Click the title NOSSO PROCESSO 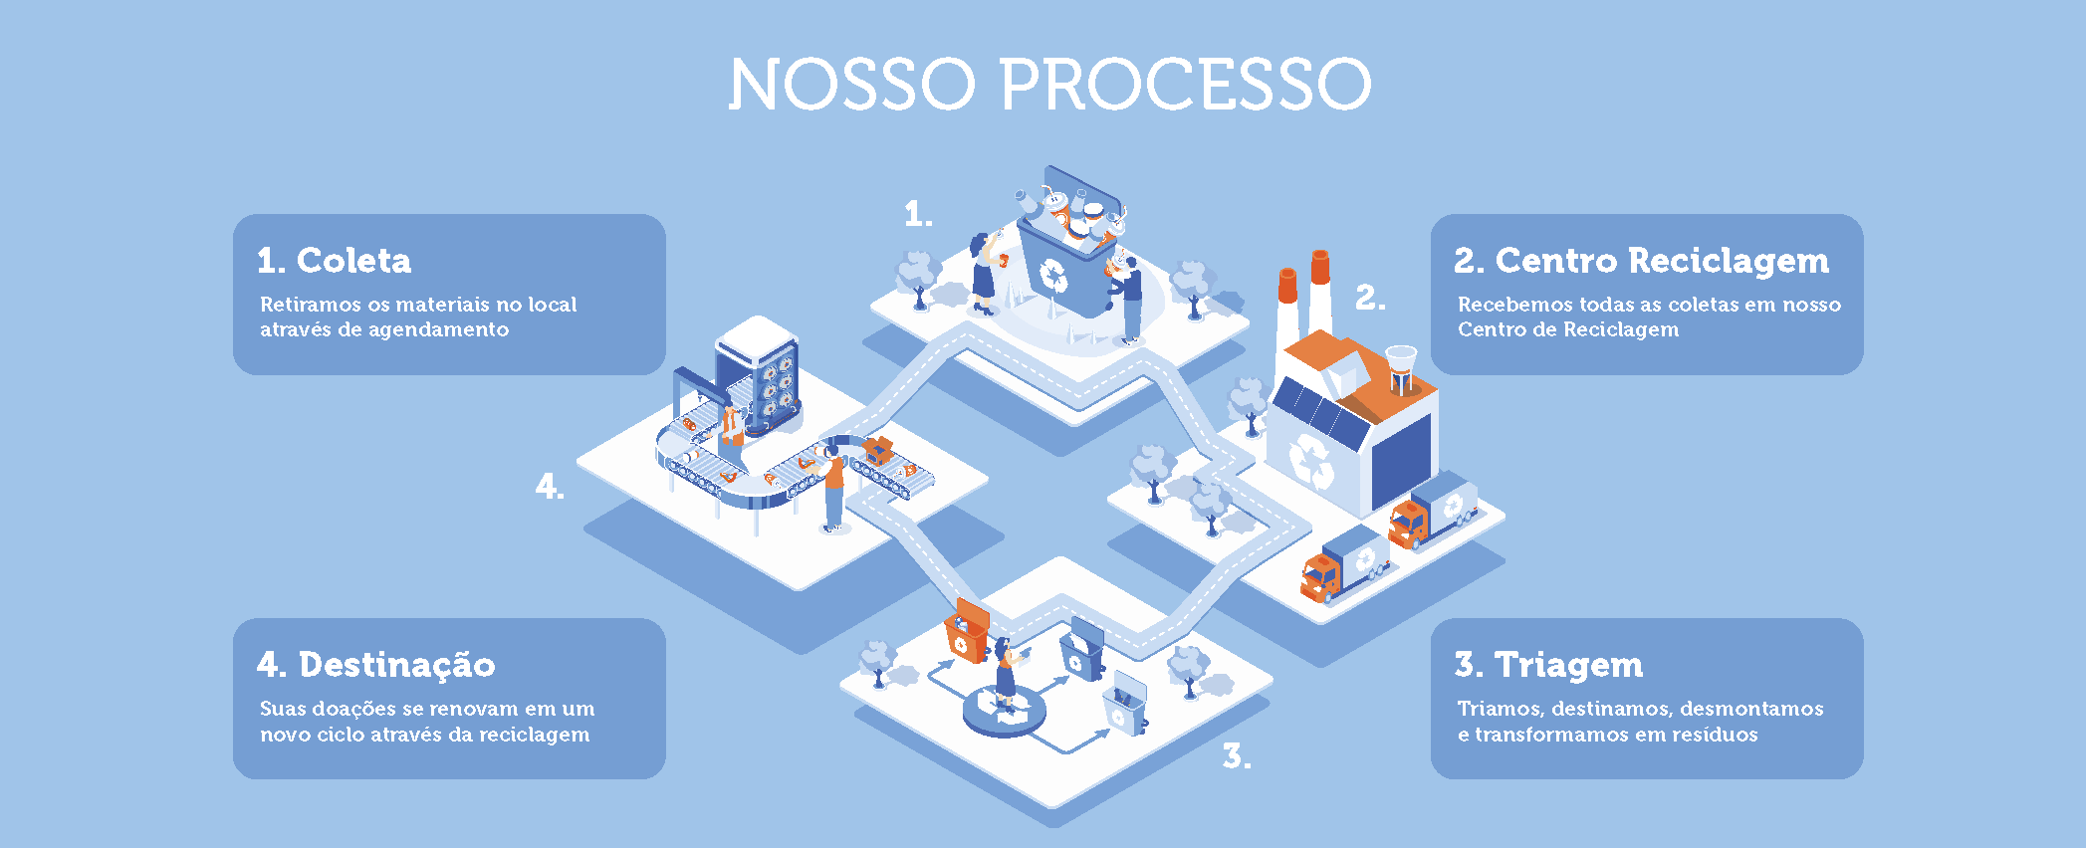1050,84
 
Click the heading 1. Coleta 334,261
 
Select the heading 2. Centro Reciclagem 1642,261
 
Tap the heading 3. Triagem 1548,665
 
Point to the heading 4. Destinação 376,664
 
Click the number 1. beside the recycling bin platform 918,214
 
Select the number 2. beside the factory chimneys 1370,298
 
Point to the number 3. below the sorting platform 1237,756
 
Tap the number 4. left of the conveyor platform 550,486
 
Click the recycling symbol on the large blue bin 1053,276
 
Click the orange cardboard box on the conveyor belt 878,450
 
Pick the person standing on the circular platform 1007,674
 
